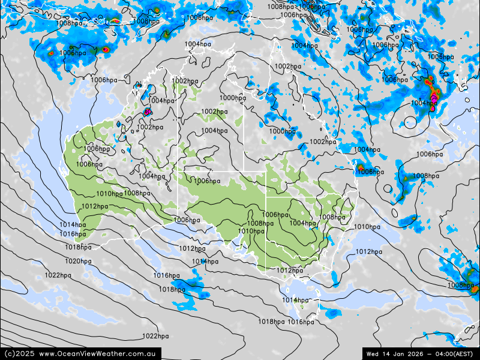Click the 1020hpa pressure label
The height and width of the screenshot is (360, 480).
pyautogui.click(x=78, y=261)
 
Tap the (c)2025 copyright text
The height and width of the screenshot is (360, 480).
pyautogui.click(x=19, y=353)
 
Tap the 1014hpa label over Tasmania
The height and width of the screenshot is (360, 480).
pyautogui.click(x=295, y=300)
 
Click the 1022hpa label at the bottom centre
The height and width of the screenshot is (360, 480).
pyautogui.click(x=155, y=336)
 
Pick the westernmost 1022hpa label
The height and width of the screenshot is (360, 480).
pyautogui.click(x=58, y=275)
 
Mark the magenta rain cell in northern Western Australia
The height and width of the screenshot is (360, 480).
pyautogui.click(x=148, y=112)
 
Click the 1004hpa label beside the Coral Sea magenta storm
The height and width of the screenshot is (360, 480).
pyautogui.click(x=424, y=103)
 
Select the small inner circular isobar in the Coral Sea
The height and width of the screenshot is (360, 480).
pyautogui.click(x=410, y=122)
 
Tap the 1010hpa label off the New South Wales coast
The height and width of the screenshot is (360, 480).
pyautogui.click(x=367, y=227)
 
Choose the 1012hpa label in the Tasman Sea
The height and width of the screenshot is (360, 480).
pyautogui.click(x=369, y=251)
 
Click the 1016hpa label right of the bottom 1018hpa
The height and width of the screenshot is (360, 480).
pyautogui.click(x=301, y=322)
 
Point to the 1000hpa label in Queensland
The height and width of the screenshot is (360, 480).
pyautogui.click(x=282, y=131)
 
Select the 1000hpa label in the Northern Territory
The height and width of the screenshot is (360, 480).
pyautogui.click(x=232, y=98)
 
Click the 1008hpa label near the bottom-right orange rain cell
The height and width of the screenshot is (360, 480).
pyautogui.click(x=460, y=285)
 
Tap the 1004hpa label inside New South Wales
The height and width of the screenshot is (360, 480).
pyautogui.click(x=303, y=223)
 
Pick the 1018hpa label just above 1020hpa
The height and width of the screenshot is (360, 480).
pyautogui.click(x=78, y=247)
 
